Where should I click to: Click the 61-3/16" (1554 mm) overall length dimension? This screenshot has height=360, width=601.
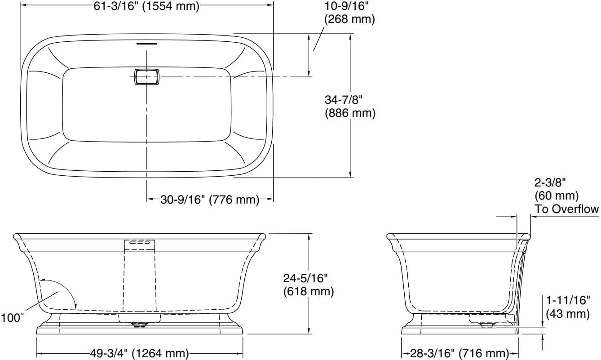pos(146,6)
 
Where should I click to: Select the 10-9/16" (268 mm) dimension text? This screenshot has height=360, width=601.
pos(349,13)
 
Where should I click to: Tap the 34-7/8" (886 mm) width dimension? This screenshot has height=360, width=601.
pos(350,106)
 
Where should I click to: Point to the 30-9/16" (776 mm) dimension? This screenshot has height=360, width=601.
pos(210,200)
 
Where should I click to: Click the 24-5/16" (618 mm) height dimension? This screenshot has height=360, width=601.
pos(308,284)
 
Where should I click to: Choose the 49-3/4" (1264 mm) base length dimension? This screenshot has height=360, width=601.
pos(139,353)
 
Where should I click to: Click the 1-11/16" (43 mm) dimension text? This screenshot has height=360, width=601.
pos(568,307)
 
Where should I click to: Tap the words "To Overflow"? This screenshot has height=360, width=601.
pos(566,209)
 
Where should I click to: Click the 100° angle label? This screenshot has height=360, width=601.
pos(12,318)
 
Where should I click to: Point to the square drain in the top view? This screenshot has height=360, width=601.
pos(146,77)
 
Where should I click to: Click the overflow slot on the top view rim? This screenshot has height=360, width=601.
pos(146,44)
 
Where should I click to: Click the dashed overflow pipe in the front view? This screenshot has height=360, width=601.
pos(139,279)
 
